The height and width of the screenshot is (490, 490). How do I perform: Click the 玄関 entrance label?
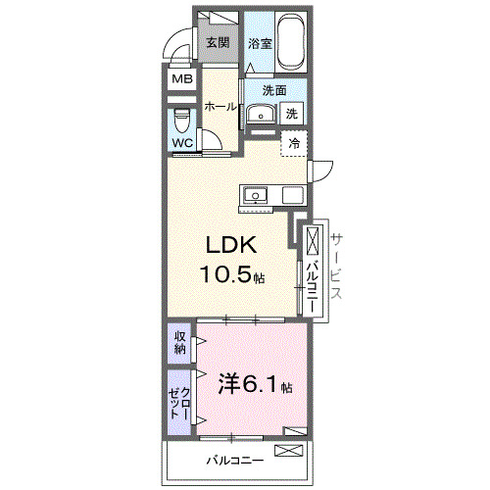[218, 43]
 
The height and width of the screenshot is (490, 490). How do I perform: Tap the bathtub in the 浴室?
[291, 42]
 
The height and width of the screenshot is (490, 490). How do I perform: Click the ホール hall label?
[220, 107]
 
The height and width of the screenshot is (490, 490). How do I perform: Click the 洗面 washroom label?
[273, 91]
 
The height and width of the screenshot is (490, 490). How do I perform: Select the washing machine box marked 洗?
[291, 113]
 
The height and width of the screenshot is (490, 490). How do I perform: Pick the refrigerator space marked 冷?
[294, 143]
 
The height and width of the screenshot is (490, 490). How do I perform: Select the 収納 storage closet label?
[180, 343]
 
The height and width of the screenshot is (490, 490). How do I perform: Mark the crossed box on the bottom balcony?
[290, 452]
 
